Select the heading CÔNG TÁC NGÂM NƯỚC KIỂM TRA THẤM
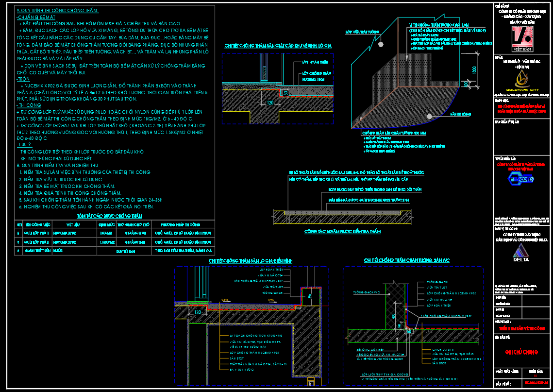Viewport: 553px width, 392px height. pyautogui.click(x=342, y=232)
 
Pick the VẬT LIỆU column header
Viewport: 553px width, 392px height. pyautogui.click(x=74, y=225)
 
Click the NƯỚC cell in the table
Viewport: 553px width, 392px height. pyautogui.click(x=58, y=251)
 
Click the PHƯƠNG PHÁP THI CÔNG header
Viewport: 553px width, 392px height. pyautogui.click(x=181, y=225)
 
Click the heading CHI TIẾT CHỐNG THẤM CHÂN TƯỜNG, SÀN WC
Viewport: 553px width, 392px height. pyautogui.click(x=407, y=261)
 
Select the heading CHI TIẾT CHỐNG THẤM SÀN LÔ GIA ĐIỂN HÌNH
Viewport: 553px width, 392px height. pyautogui.click(x=251, y=261)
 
